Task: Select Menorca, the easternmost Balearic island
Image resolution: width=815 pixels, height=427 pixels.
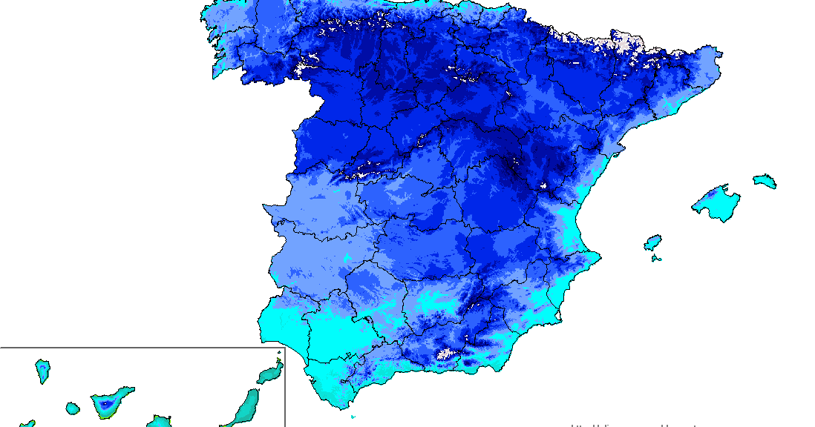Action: [765, 181]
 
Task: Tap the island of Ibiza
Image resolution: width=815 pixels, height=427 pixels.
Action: [652, 242]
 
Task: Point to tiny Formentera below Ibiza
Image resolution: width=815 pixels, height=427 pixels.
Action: [655, 258]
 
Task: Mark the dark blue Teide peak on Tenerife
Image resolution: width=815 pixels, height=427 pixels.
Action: [108, 405]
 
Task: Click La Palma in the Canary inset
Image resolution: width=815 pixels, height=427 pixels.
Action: [42, 370]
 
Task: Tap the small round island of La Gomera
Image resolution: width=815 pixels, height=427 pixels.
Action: [72, 408]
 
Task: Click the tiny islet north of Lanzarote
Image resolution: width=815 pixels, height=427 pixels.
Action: [279, 353]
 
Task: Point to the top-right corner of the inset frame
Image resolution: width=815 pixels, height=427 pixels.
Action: [285, 348]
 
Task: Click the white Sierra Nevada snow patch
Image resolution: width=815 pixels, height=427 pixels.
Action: [447, 354]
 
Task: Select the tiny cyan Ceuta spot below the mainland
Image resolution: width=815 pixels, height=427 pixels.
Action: [352, 417]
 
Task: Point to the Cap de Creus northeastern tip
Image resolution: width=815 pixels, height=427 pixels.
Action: [721, 52]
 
